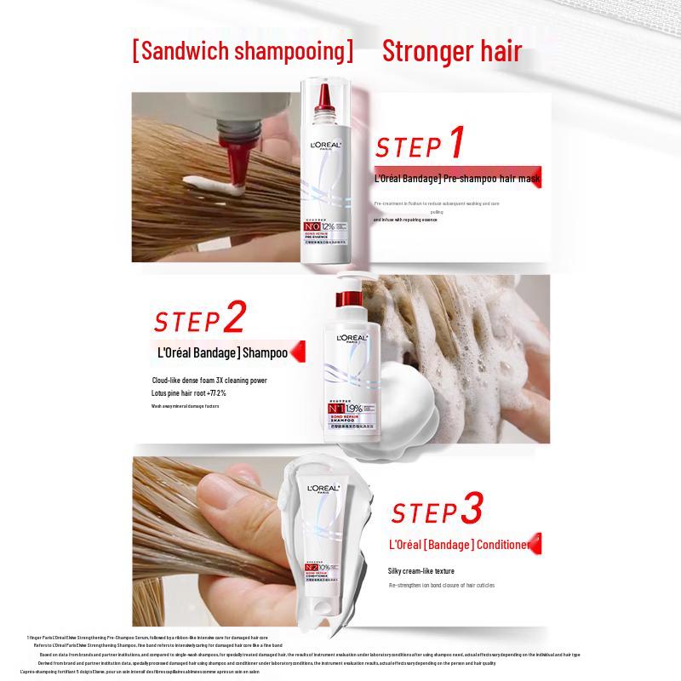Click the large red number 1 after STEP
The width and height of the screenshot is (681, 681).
click(457, 142)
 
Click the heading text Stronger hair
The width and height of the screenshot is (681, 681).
click(452, 50)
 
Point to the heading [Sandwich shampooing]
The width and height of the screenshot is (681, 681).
click(242, 50)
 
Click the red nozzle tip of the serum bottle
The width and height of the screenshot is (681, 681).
click(328, 96)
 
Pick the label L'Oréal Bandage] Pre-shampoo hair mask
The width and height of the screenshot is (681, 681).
click(458, 180)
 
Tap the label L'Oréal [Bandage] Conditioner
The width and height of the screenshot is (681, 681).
click(459, 543)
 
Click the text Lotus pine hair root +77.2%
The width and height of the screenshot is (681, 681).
click(189, 393)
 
